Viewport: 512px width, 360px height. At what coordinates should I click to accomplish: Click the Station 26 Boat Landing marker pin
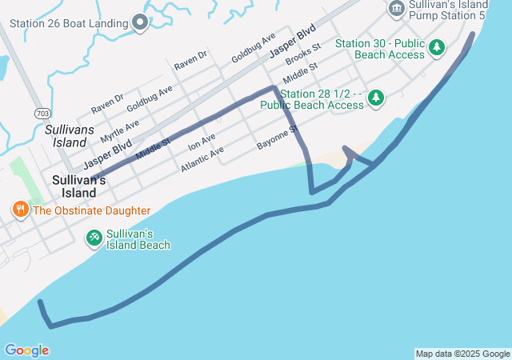[x=140, y=22]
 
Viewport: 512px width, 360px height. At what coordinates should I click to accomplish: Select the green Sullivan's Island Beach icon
[x=94, y=237]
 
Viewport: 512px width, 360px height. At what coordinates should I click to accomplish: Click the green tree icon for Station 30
[x=437, y=48]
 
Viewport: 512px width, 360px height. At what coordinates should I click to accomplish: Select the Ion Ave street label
[x=202, y=143]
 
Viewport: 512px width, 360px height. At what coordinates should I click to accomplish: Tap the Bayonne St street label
[x=277, y=138]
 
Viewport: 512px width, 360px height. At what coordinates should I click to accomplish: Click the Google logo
[x=26, y=350]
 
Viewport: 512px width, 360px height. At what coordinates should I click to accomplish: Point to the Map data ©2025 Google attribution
[x=462, y=354]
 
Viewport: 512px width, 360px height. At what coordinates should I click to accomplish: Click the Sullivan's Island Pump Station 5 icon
[x=396, y=9]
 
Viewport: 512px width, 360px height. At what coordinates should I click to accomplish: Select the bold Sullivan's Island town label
[x=79, y=181]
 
